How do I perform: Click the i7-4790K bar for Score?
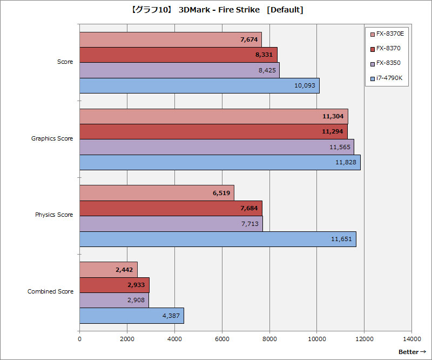(x=199, y=86)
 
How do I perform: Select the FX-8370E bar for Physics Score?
(x=157, y=193)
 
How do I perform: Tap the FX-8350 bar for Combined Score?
(x=114, y=301)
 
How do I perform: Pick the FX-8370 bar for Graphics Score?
(x=213, y=131)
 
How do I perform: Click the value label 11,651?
(x=342, y=239)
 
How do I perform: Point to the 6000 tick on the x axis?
(x=222, y=339)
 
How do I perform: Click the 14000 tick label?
(x=411, y=339)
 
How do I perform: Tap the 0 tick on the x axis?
(x=80, y=339)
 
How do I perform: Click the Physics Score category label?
(x=54, y=215)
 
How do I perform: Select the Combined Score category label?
(x=50, y=291)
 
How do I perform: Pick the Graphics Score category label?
(x=52, y=139)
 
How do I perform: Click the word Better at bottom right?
(x=408, y=352)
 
